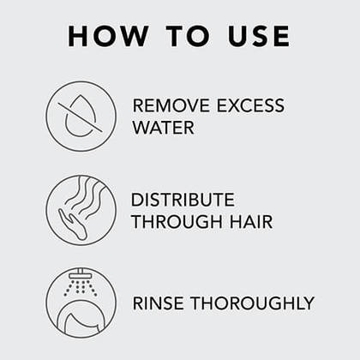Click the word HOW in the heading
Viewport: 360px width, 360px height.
point(108,36)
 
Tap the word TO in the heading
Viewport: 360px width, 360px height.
point(189,36)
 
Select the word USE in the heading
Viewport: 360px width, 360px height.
point(259,36)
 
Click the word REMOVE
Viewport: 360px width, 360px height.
point(171,105)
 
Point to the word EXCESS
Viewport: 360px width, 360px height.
point(250,105)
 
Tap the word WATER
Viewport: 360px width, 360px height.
point(163,128)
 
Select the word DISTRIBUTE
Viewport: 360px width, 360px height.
point(183,200)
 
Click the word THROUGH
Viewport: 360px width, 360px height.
point(177,222)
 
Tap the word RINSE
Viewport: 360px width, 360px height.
point(159,303)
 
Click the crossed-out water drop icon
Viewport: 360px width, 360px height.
point(81,116)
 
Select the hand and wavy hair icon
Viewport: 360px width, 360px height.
point(81,210)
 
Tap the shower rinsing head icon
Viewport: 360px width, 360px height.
point(81,303)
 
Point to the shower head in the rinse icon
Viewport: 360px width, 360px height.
point(81,274)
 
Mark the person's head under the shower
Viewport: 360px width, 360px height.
point(81,320)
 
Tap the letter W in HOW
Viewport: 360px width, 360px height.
point(135,36)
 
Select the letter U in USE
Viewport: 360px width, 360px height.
point(238,36)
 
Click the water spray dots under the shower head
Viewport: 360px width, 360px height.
point(81,287)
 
